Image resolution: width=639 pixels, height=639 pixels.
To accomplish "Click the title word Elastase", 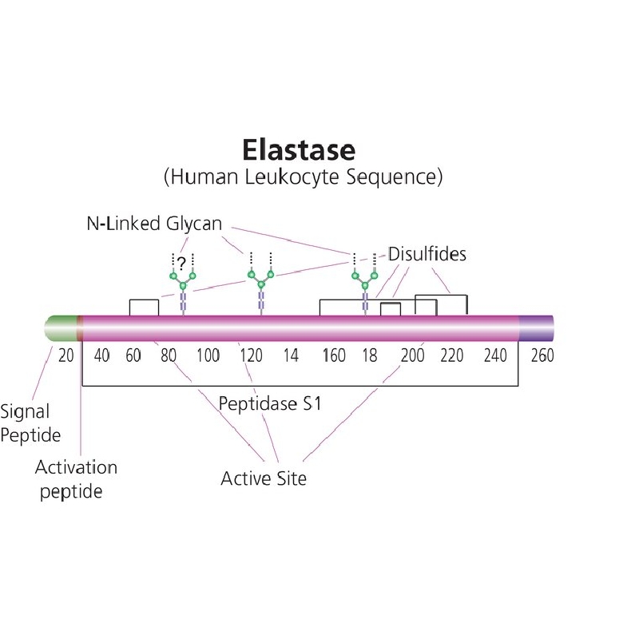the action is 299,150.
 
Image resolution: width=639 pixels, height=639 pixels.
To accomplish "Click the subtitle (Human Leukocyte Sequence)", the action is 303,177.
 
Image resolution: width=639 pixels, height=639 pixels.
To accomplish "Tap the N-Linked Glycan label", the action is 154,224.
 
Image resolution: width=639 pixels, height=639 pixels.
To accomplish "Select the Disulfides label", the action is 427,254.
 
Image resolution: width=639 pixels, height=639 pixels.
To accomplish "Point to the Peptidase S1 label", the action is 270,403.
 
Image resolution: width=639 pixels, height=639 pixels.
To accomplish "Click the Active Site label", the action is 264,478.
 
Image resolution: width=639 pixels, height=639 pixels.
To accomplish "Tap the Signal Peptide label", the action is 30,423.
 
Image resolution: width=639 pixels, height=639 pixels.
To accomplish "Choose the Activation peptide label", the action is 76,479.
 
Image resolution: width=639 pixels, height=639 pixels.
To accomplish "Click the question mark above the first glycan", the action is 182,264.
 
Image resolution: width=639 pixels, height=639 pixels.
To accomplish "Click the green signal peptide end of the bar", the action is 61,328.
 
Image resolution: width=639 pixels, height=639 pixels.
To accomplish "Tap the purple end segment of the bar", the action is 536,328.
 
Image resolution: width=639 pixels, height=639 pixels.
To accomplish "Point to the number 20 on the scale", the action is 66,355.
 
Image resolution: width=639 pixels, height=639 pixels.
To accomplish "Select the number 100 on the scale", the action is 208,355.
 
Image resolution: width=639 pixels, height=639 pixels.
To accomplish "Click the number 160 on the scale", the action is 334,355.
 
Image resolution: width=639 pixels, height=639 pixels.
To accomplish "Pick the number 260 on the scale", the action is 542,355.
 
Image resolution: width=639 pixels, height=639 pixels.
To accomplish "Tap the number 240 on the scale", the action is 495,355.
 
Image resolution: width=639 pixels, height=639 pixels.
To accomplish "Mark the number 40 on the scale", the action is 102,355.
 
